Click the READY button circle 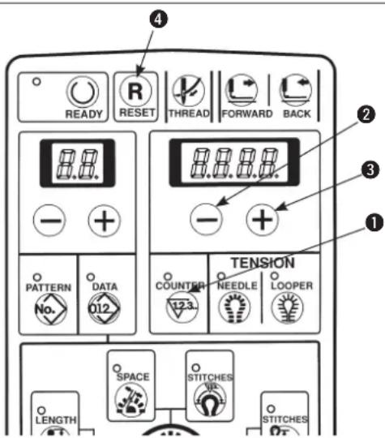(83, 92)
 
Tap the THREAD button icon (188, 91)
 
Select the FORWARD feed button (242, 90)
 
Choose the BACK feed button (295, 90)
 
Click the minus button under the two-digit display (49, 221)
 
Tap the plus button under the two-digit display (104, 221)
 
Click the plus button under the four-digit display (262, 219)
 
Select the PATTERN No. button (50, 309)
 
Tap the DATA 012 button (104, 308)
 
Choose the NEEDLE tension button (234, 307)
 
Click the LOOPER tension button (287, 307)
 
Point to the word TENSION (263, 263)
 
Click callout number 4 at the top (159, 19)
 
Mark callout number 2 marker (366, 114)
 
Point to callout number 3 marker (370, 170)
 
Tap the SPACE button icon (131, 399)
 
